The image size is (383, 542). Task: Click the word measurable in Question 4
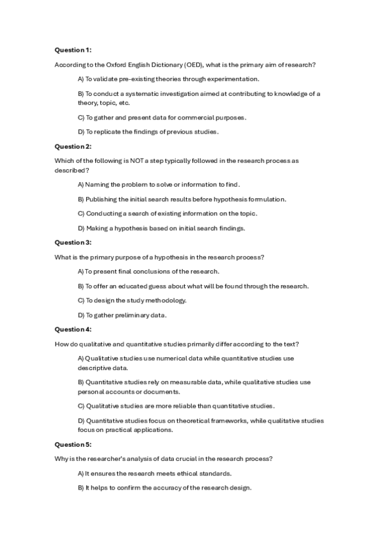(185, 382)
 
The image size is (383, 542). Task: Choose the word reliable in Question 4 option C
(183, 406)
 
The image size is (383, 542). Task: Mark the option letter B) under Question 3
(81, 286)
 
